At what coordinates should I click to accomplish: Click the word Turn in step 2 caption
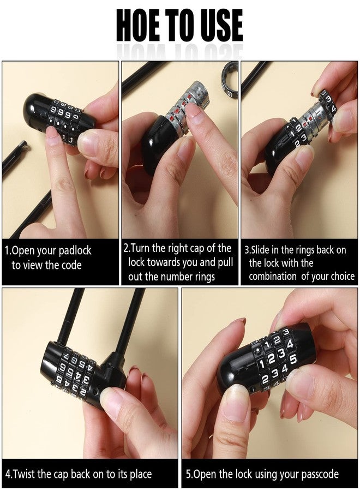[142, 248]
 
